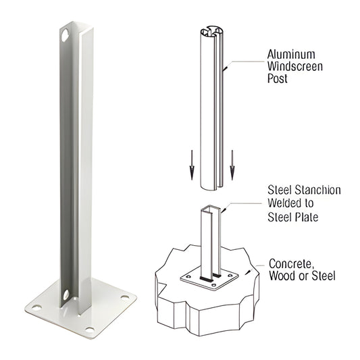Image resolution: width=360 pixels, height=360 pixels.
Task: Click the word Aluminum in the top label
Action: point(290,53)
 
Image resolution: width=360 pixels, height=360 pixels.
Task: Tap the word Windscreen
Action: point(295,67)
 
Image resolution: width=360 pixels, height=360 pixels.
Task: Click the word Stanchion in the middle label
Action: point(315,190)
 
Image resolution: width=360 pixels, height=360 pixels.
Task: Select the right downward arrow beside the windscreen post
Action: point(232,168)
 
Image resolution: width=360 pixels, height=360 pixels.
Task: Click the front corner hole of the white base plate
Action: point(87,329)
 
